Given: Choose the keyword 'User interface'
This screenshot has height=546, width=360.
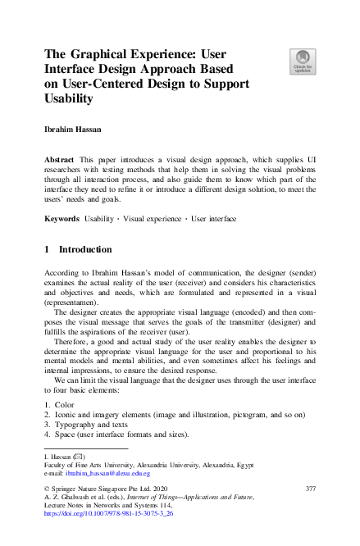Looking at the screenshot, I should coord(213,219).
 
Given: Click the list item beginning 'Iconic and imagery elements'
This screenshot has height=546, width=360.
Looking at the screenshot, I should coord(131,415).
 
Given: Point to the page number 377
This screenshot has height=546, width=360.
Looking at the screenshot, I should coord(310,489).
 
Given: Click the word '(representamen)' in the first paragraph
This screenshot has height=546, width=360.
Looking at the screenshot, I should coord(71,303).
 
